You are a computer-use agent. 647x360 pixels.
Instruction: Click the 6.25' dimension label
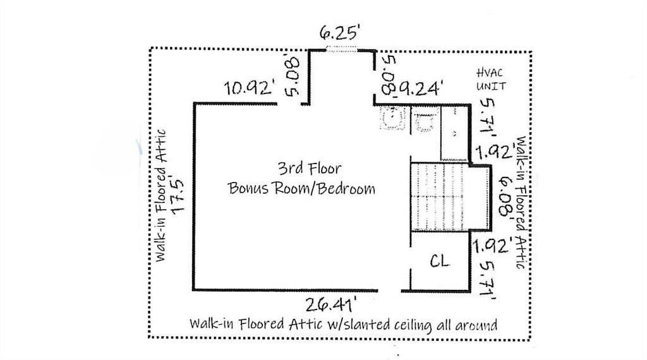tap(340, 33)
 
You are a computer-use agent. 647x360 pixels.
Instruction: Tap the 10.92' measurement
tap(250, 88)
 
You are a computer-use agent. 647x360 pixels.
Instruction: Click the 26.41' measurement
tap(330, 305)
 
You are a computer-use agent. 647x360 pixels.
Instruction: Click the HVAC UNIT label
tap(491, 80)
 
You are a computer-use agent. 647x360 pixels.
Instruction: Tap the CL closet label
tap(440, 261)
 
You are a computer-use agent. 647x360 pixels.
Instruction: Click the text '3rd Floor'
tap(309, 168)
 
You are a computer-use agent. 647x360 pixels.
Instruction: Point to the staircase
tap(440, 197)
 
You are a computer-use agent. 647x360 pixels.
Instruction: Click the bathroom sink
tap(392, 118)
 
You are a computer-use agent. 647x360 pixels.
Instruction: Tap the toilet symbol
tap(425, 121)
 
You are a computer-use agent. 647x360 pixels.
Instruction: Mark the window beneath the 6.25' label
tap(342, 49)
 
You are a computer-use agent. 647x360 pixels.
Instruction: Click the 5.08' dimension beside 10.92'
tap(292, 76)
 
